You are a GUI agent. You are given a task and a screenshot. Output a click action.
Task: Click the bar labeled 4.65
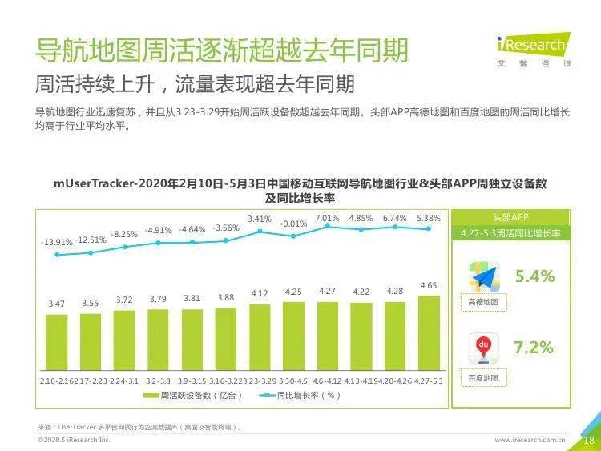point(429,332)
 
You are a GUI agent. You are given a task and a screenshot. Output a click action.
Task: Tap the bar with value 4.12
point(260,336)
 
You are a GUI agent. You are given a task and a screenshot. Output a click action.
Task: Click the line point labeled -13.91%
point(57,255)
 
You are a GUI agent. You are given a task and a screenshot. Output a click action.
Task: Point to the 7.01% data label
point(327,218)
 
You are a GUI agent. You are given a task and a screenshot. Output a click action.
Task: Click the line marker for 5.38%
point(430,228)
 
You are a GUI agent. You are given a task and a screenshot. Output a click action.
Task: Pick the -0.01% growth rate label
point(293,223)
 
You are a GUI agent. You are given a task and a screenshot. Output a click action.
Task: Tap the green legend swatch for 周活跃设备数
point(151,396)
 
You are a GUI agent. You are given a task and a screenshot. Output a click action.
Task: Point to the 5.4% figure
point(534,277)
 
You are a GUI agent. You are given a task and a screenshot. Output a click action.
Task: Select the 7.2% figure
point(534,348)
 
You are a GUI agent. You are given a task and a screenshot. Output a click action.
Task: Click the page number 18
point(588,440)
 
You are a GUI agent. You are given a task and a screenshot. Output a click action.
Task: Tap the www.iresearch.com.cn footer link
point(530,440)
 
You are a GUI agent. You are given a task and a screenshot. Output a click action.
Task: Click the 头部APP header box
point(510,217)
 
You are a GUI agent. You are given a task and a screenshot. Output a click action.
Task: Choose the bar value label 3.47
point(56,304)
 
